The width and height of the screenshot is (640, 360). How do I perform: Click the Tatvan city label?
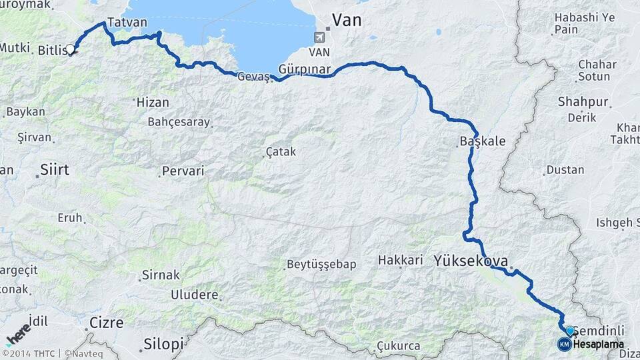(127, 22)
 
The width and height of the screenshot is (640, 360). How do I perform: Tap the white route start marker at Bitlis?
(69, 49)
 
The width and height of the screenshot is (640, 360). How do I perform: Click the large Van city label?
(347, 20)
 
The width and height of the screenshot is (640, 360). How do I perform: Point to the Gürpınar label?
(304, 69)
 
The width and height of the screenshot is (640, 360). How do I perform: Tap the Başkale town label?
(483, 141)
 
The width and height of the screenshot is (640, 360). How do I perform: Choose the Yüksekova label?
(471, 260)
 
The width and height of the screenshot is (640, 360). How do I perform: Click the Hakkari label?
(401, 260)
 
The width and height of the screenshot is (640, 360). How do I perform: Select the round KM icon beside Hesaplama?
(564, 344)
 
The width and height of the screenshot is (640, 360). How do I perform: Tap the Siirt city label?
(55, 169)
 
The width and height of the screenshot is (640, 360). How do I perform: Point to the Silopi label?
(163, 344)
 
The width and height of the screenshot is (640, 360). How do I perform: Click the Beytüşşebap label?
(321, 265)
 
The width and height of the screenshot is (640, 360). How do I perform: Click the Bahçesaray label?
(179, 122)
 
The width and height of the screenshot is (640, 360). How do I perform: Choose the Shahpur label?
(584, 102)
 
